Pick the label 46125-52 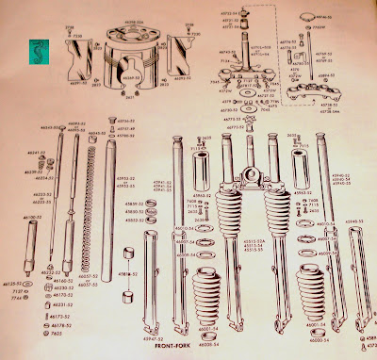[x=18, y=281]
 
